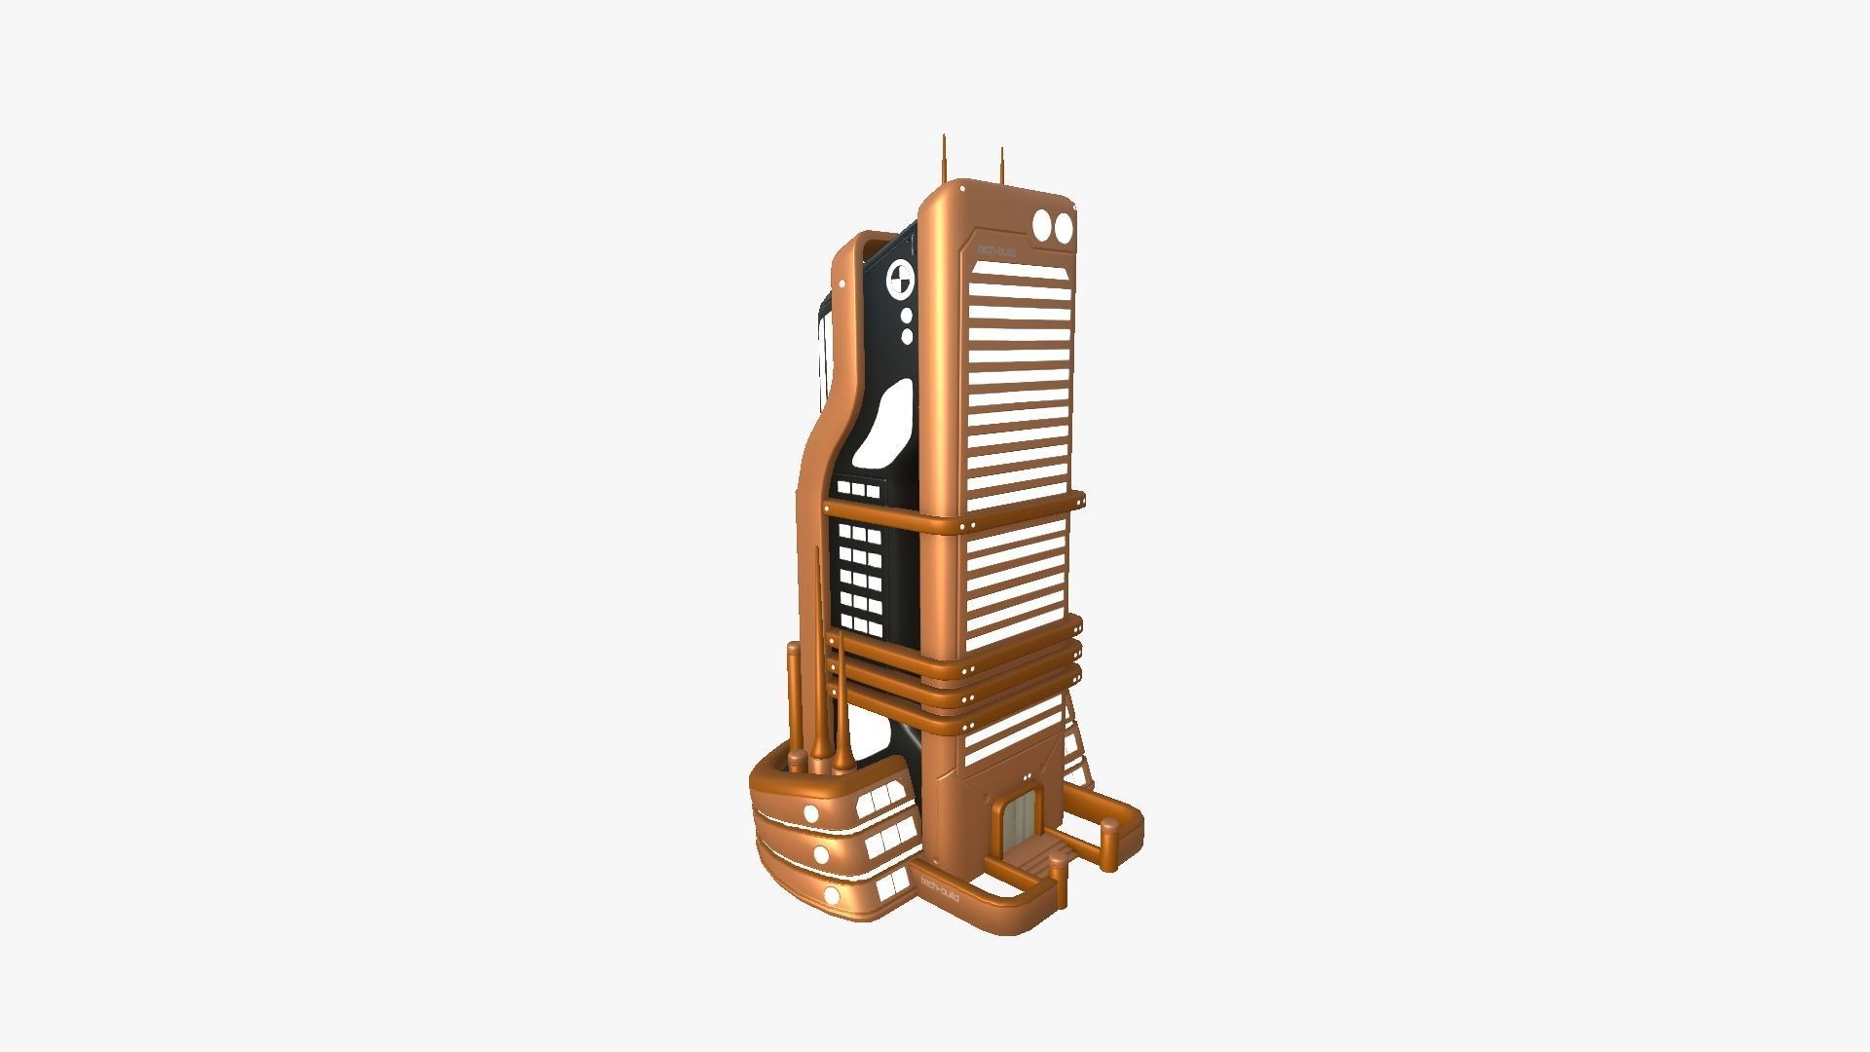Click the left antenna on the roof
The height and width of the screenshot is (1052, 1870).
[x=943, y=161]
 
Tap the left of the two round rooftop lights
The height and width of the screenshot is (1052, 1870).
[x=1043, y=225]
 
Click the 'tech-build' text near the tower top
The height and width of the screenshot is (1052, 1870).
[x=996, y=251]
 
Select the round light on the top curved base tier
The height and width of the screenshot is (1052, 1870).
[x=810, y=813]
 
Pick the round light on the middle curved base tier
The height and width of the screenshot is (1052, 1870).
[x=821, y=854]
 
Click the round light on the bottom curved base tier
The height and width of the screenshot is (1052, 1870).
[x=831, y=894]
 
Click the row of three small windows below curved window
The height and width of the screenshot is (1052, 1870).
[x=858, y=490]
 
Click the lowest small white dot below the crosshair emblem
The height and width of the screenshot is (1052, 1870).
[x=907, y=337]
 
